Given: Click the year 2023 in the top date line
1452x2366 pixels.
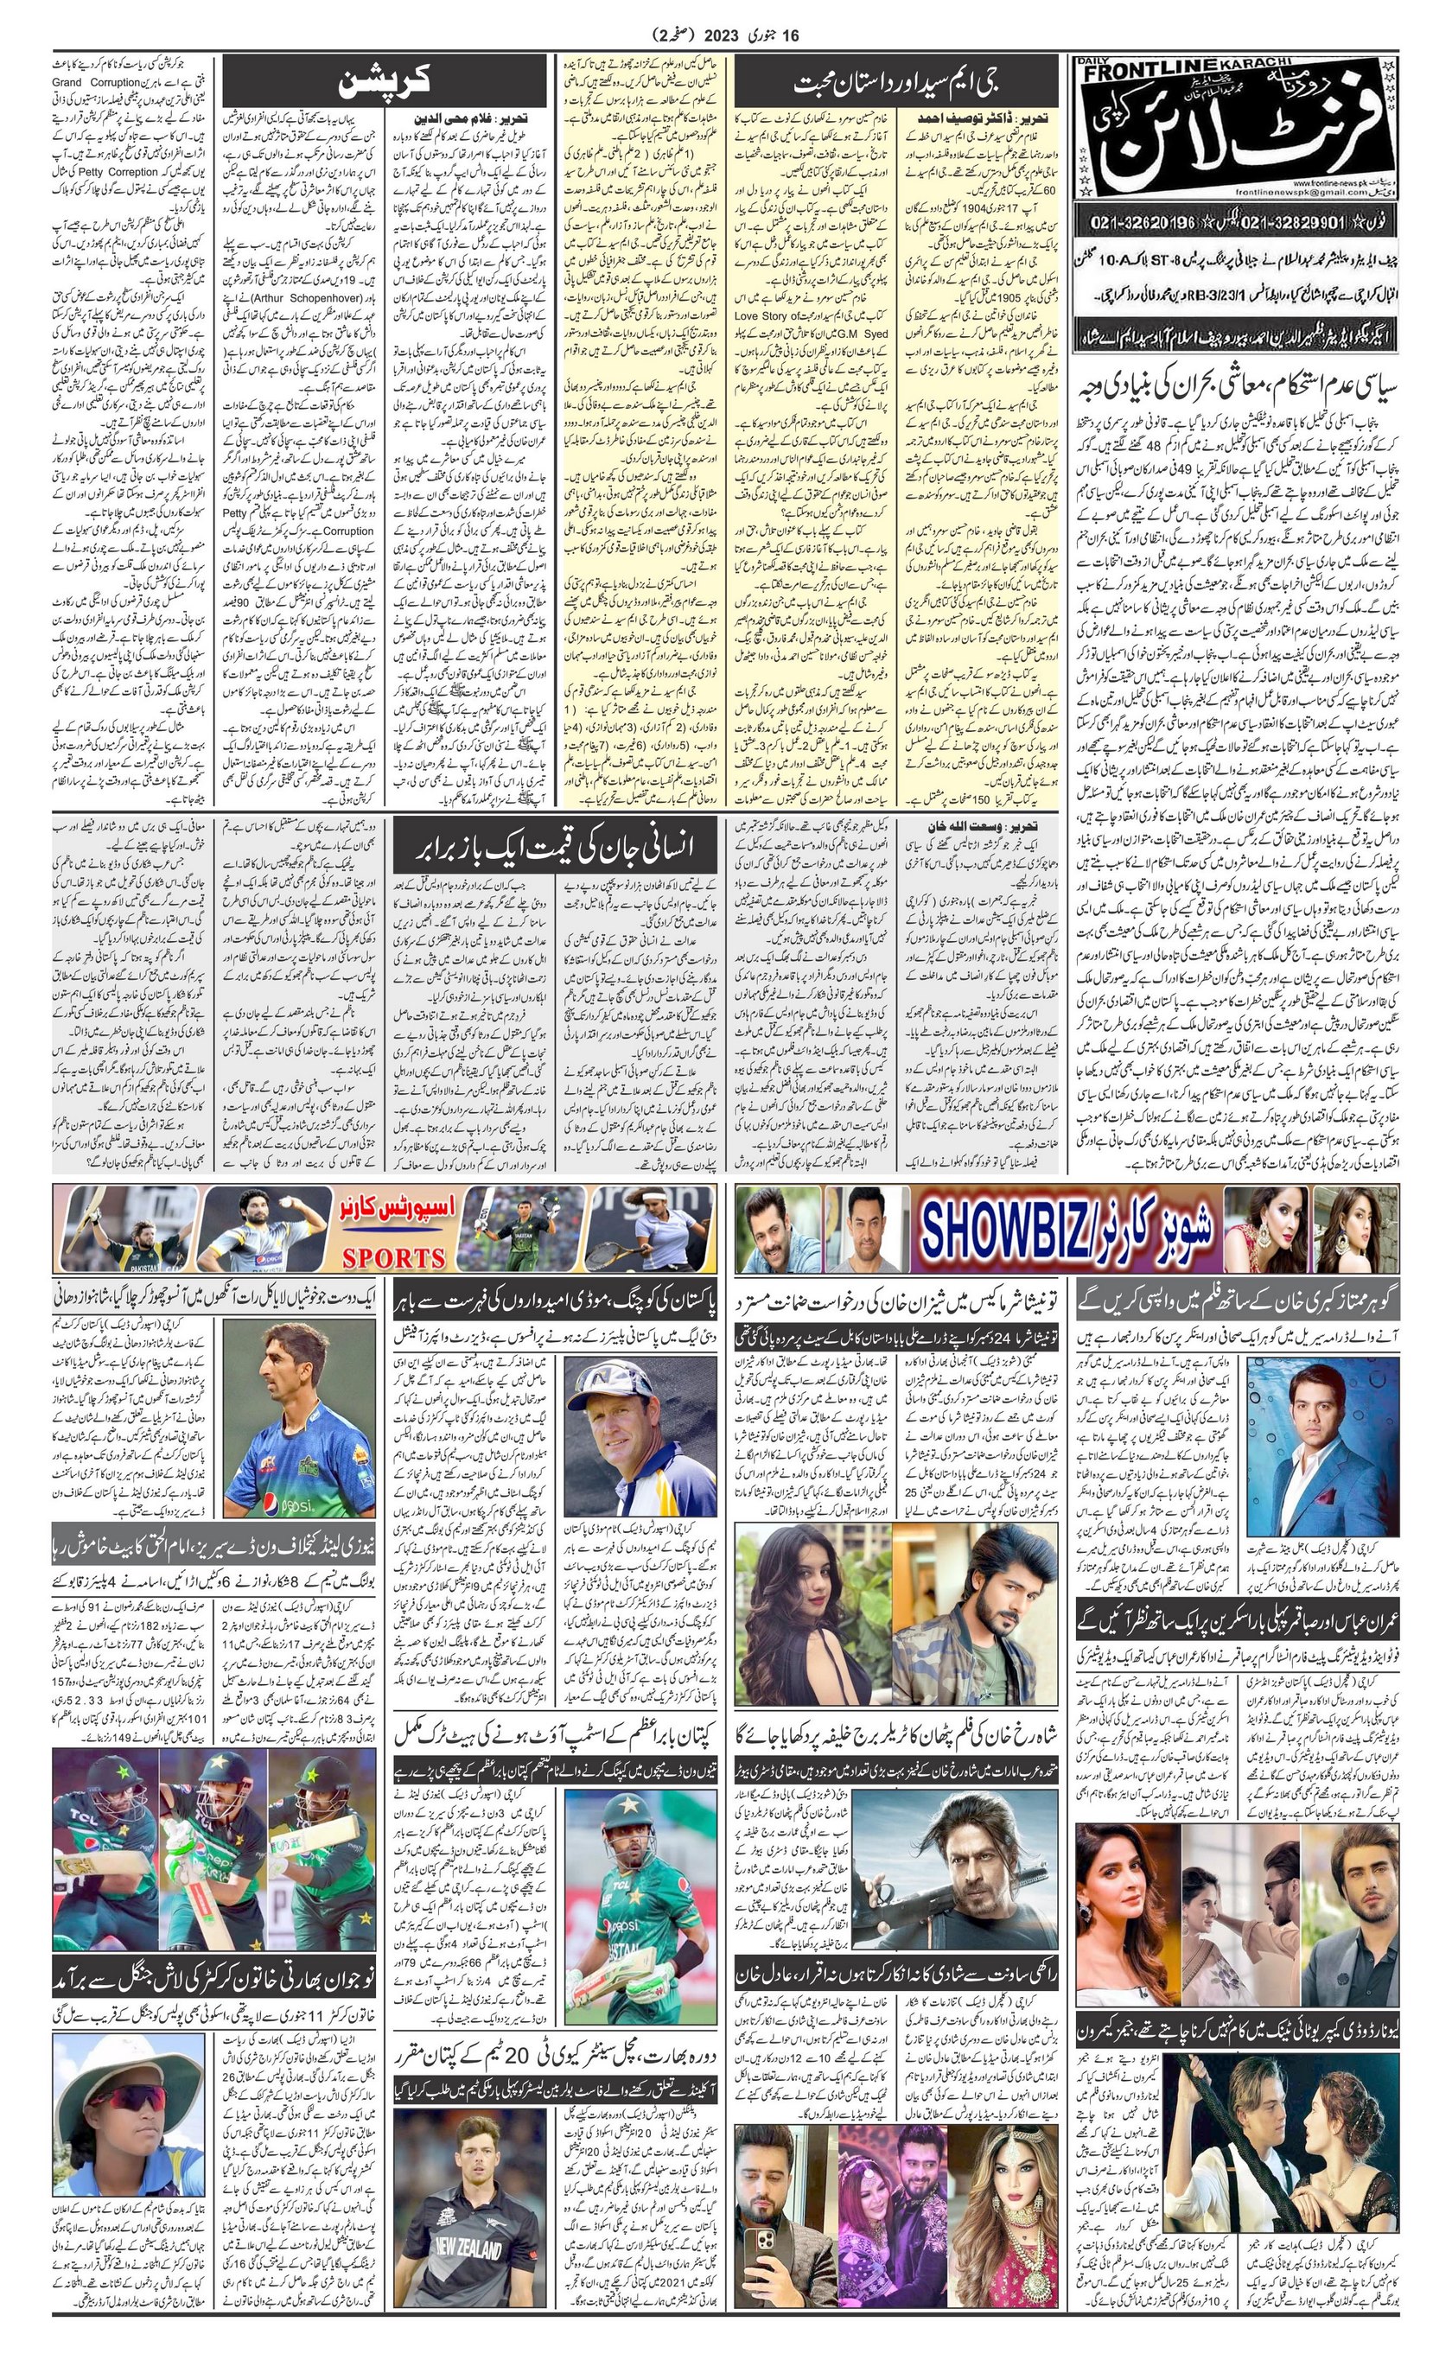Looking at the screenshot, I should click(x=723, y=36).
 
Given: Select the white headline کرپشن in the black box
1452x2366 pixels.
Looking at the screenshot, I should click(x=383, y=83).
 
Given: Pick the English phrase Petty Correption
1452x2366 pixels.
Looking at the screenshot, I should click(x=107, y=172).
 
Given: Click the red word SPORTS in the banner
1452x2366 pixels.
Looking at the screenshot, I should click(x=394, y=1257).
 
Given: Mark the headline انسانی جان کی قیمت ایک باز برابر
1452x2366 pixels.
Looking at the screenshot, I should click(x=555, y=847).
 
